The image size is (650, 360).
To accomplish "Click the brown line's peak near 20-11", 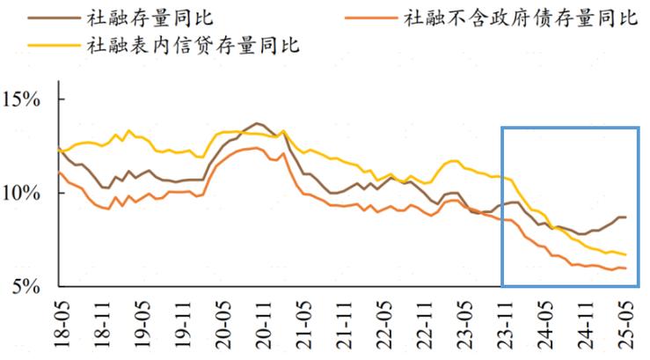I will pos(256,123).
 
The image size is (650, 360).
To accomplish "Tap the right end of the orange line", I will pos(625,268).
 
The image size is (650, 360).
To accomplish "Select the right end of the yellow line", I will pos(625,254).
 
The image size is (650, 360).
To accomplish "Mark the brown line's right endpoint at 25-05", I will pos(625,217).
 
